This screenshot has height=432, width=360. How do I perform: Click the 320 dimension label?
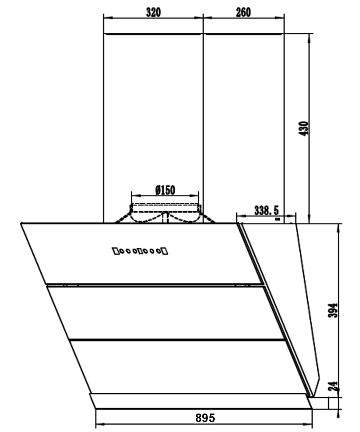153,13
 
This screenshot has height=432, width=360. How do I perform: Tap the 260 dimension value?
243,13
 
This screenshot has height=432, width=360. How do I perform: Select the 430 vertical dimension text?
304,128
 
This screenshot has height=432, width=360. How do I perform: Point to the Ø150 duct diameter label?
165,190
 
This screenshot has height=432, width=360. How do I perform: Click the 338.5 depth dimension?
266,210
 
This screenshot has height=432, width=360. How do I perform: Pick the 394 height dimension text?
333,310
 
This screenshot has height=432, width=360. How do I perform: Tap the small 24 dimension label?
333,387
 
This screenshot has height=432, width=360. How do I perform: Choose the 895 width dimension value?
205,418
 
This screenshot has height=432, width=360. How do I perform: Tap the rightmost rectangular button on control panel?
165,251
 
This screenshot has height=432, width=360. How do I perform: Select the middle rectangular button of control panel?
140,251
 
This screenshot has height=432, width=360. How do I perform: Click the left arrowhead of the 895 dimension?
100,424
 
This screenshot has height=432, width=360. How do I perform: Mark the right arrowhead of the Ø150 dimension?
194,196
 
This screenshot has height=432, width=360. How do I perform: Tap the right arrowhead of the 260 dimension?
279,18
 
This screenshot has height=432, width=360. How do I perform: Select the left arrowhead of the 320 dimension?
108,18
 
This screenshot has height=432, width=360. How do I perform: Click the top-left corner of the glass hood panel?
21,223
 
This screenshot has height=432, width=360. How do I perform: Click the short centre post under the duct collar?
165,218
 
